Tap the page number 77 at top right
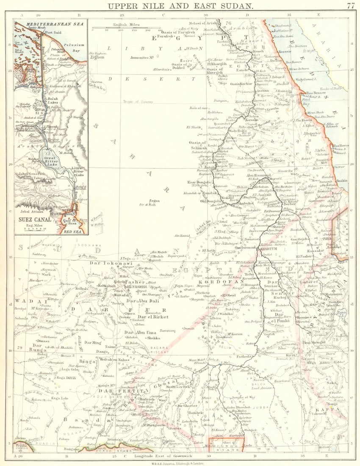(x=350, y=6)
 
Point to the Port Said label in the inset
(x=53, y=33)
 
